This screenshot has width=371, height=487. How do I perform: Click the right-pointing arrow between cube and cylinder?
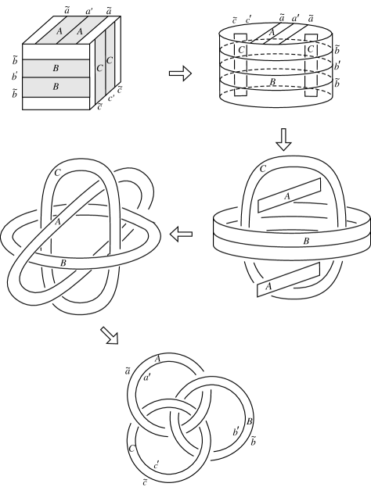[x=180, y=74]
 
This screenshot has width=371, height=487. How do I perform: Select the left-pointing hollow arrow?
[x=182, y=232]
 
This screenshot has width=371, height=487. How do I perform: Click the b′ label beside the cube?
[x=14, y=77]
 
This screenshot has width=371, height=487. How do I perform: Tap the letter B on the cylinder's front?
[x=272, y=80]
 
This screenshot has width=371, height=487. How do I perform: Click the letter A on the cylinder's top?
[x=271, y=32]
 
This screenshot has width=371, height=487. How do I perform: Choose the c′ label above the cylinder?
[x=247, y=19]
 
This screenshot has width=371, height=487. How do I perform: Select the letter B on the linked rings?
[x=249, y=422]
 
